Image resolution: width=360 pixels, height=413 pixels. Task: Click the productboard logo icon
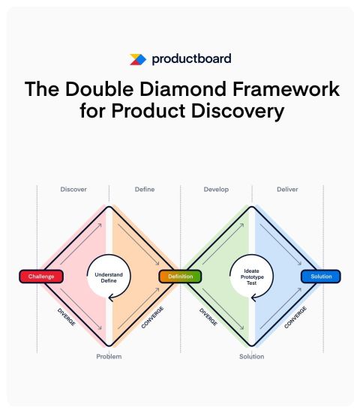137,59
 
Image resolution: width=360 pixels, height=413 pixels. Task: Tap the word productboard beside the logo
191,59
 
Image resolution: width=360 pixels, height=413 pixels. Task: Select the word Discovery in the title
238,111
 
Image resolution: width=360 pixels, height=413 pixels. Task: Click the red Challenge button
41,277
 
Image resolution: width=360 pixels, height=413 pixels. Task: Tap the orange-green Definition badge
181,277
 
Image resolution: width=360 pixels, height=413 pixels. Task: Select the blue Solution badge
321,277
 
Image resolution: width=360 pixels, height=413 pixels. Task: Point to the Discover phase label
73,190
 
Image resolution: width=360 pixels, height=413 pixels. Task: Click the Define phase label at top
145,190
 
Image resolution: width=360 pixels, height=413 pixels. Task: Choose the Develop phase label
216,190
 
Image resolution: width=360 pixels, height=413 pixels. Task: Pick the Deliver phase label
287,190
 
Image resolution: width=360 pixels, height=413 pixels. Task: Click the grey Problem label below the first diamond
109,357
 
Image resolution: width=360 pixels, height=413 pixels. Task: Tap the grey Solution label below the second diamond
252,357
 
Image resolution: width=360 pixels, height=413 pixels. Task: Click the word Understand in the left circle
109,274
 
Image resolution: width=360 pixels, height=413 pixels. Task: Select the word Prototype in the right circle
252,277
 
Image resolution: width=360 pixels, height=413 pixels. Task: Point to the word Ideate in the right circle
252,271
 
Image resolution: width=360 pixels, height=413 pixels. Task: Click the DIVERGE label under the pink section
67,317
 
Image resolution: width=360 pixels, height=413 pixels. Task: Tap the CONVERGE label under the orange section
152,317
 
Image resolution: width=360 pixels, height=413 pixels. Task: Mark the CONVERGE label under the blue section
295,317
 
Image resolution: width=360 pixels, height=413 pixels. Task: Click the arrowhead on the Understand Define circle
111,298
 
